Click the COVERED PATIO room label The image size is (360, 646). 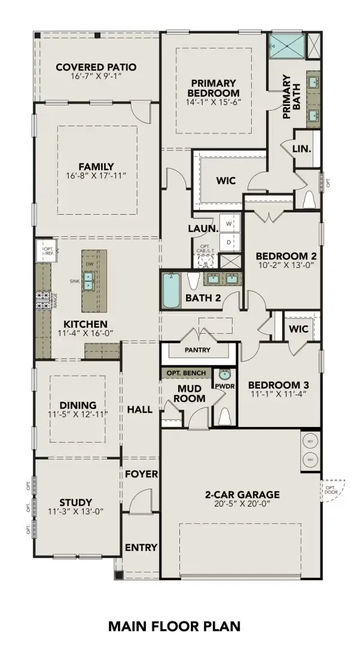point(96,67)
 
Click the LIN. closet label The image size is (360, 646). point(302,148)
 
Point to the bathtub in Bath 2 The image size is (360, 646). point(172,291)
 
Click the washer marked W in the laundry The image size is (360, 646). point(229,222)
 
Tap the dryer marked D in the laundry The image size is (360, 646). point(229,242)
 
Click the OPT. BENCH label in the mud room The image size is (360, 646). point(186,373)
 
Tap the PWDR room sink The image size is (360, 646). point(225,376)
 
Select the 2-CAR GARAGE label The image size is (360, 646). point(242,495)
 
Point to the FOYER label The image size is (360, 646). point(141,474)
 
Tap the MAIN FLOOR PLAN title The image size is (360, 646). point(174,626)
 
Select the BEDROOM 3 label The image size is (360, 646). point(278,384)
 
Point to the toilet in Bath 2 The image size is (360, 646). point(193,281)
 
